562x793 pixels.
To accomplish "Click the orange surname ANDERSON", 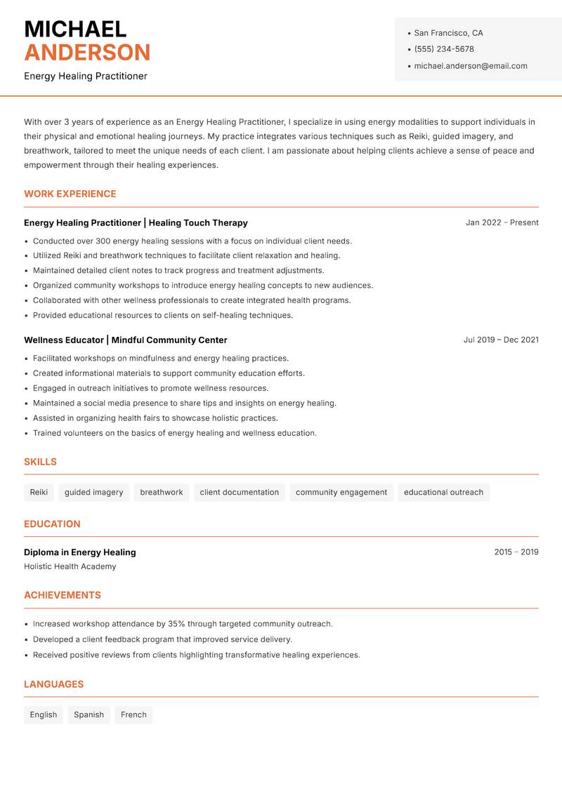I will [x=87, y=53].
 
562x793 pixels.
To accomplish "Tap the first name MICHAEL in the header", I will [x=75, y=29].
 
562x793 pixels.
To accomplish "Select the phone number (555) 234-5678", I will [x=444, y=49].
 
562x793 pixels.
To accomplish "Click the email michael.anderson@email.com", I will [x=471, y=66].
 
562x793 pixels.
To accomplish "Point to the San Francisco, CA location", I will [x=448, y=33].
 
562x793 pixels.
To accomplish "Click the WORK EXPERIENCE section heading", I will [x=70, y=194].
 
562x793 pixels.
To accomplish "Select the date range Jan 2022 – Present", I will [x=502, y=222].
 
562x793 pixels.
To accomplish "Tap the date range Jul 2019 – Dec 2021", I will [x=501, y=340].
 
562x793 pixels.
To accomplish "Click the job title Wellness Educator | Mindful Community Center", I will [x=126, y=340].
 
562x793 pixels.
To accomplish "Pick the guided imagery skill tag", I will [x=93, y=493].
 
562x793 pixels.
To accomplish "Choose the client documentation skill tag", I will [x=239, y=493].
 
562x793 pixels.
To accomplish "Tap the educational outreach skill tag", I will [x=443, y=493].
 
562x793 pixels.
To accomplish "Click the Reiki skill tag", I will [x=39, y=493].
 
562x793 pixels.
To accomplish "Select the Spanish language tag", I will [x=89, y=715].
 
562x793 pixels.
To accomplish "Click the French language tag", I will [x=133, y=715].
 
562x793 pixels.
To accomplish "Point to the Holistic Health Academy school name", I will [x=70, y=566].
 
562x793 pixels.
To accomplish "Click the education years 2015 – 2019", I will [x=516, y=552].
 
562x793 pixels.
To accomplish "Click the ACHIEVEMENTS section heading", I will [x=63, y=595].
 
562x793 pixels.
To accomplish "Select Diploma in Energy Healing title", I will [x=80, y=552].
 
